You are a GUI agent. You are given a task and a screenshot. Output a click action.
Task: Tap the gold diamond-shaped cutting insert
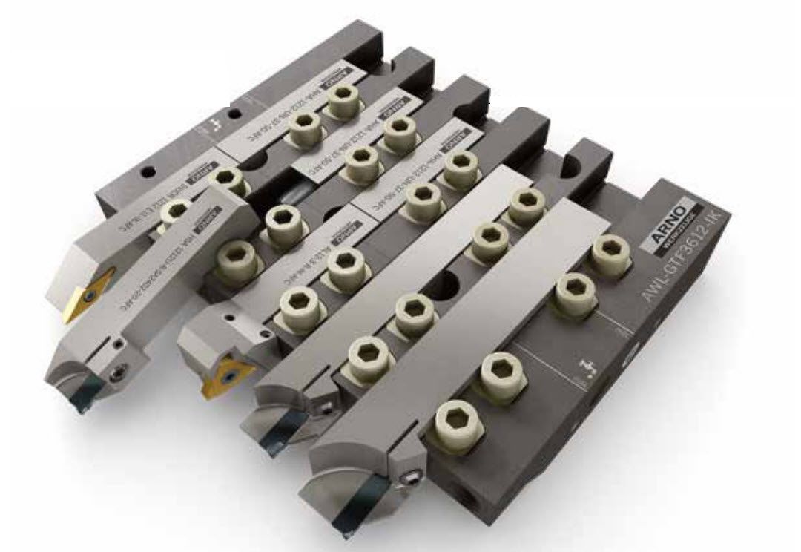pos(79,297)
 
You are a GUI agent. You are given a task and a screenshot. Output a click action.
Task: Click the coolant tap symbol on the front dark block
pos(584,367)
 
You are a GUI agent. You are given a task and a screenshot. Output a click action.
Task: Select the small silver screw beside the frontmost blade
pos(409,481)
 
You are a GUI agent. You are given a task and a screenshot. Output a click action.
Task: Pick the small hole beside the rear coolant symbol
pos(235,116)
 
